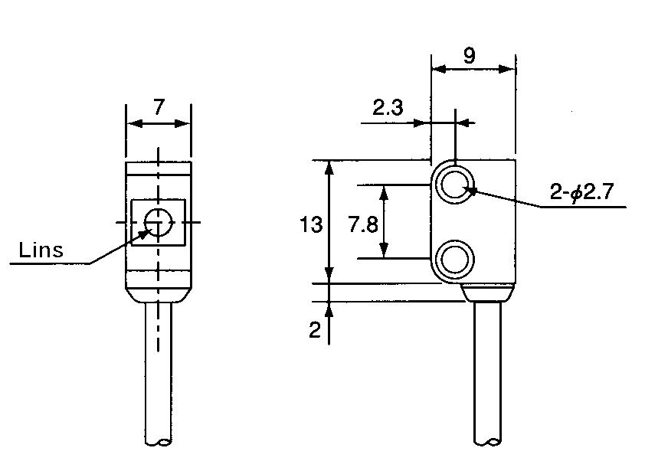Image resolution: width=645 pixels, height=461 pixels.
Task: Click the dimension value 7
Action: [158, 107]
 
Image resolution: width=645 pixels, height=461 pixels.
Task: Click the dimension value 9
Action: [470, 55]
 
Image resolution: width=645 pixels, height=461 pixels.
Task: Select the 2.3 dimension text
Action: [388, 108]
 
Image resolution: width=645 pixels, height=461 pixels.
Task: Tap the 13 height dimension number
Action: [311, 224]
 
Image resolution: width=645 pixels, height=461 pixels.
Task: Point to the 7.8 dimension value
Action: [362, 224]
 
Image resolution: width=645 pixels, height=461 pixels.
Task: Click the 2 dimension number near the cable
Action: [314, 330]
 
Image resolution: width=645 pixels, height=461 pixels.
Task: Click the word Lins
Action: [41, 250]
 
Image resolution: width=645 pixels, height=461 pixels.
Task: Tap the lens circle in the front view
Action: [158, 222]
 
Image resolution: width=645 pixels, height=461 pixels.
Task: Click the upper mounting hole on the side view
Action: [455, 185]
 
